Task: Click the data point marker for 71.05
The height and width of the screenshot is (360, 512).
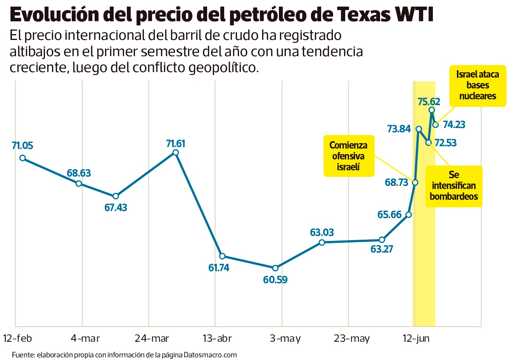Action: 22,158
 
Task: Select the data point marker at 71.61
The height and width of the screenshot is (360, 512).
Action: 175,152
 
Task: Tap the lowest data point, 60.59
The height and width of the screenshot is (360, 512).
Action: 275,268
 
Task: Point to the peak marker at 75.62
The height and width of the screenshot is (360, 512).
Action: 431,110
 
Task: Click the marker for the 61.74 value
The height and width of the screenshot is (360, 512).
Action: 222,256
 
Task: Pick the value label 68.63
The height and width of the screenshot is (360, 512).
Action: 79,173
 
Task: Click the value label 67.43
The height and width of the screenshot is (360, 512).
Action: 116,208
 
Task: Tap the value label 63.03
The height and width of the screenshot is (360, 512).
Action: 322,232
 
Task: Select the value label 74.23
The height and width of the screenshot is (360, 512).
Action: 454,125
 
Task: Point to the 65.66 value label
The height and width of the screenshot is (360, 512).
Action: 389,215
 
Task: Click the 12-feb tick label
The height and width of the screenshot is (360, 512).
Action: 17,339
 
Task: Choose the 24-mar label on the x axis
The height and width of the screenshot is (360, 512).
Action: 152,339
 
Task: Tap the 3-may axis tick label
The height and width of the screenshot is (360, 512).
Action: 285,339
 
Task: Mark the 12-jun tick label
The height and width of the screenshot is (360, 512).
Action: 416,339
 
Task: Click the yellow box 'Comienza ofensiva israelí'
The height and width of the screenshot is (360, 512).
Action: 348,156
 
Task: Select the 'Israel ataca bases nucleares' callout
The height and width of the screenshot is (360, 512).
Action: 477,85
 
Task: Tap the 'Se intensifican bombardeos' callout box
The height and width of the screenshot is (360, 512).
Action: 454,186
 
